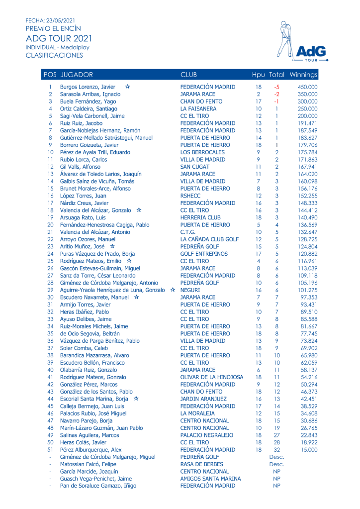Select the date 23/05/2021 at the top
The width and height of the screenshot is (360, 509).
coord(60,20)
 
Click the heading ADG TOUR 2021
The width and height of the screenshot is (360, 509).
coord(59,38)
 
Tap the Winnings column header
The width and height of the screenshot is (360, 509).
coord(303,75)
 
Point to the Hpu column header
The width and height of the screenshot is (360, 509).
coord(258,75)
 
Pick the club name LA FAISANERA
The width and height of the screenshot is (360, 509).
coord(198,109)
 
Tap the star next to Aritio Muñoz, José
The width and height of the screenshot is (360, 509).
coord(112,246)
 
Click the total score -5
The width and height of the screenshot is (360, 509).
coord(276,87)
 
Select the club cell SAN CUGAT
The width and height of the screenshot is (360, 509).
coord(194,167)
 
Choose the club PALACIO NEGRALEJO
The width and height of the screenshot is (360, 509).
coord(206,435)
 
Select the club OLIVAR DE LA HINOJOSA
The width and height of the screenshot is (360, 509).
coord(211,377)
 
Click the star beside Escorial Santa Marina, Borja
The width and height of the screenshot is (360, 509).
coord(136,399)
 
